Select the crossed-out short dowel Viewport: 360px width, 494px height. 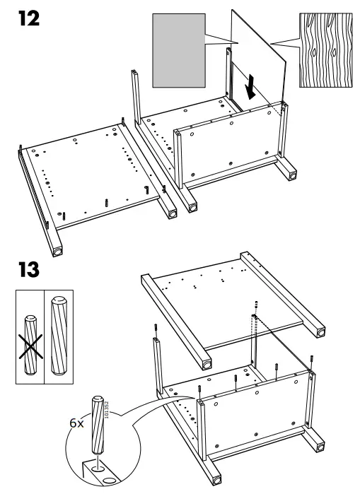[x=30, y=346]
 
